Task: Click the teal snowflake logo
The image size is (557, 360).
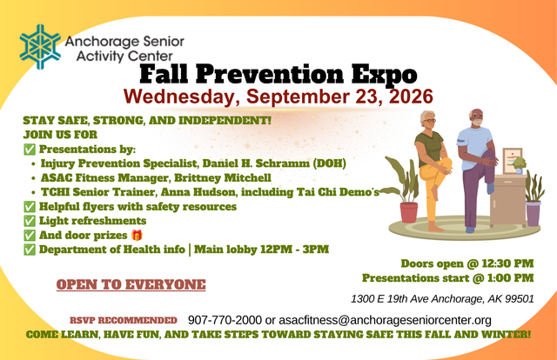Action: point(40,46)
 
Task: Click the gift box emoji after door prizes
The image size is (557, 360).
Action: point(137,235)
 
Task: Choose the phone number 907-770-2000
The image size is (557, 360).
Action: point(225,320)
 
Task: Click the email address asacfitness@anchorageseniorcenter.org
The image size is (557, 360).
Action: point(385,320)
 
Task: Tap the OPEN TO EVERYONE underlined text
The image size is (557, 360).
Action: point(131,284)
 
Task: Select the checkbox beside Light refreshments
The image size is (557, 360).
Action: point(30,221)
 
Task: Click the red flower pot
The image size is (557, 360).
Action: point(409,212)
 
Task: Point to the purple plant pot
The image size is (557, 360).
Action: point(534,213)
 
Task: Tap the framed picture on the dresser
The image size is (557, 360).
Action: point(513,161)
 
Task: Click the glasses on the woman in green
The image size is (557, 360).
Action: point(430,121)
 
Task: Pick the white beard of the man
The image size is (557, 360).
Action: point(477,123)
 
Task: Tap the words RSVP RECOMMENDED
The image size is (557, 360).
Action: point(124,320)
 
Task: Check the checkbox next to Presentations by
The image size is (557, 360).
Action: point(30,149)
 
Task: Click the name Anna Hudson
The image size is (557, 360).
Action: point(198,192)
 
